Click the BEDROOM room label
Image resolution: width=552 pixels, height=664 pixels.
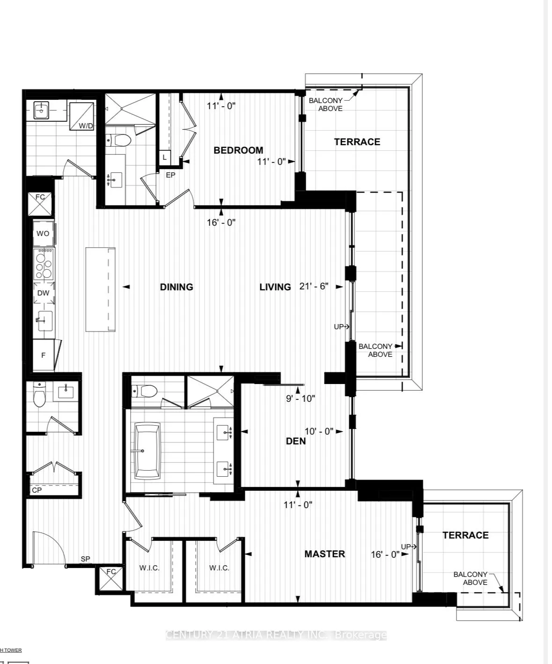(x=238, y=150)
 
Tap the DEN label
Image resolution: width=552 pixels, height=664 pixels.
(x=296, y=441)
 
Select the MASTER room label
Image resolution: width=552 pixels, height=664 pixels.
(x=324, y=554)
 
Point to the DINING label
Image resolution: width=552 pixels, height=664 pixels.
(x=177, y=287)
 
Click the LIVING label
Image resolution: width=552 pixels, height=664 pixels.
(x=275, y=287)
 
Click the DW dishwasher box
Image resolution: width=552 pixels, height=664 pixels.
(x=44, y=293)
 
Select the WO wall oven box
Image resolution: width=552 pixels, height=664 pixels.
(x=43, y=233)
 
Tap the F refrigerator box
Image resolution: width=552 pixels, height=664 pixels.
(x=44, y=355)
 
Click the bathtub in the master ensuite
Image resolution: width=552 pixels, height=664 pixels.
(x=148, y=450)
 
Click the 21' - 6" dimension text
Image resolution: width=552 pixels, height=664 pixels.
(x=314, y=287)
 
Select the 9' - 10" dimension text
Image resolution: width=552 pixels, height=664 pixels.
(x=301, y=398)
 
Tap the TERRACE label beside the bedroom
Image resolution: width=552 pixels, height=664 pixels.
(x=357, y=142)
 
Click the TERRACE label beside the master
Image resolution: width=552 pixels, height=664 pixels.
(x=465, y=535)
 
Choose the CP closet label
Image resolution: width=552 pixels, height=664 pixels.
(x=37, y=490)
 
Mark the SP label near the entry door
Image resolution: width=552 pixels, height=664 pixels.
(x=85, y=559)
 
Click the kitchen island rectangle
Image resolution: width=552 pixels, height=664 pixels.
(x=100, y=290)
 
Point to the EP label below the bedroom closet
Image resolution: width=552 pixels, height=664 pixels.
(x=170, y=175)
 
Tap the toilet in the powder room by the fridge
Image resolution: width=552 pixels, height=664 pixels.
(x=39, y=395)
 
